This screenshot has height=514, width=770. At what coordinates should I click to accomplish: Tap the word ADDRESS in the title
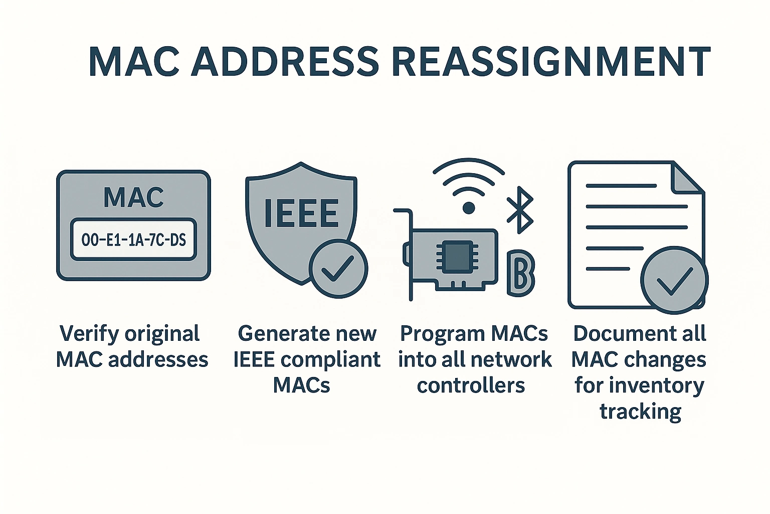click(x=284, y=62)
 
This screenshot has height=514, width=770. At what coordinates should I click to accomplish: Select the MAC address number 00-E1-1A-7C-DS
click(x=133, y=240)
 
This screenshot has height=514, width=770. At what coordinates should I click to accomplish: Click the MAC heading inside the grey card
click(x=133, y=197)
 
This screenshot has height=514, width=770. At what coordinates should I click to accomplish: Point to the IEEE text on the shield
click(x=301, y=213)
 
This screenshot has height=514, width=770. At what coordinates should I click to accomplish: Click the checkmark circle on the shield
click(x=338, y=269)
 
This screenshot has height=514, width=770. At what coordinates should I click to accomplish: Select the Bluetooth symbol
click(x=519, y=210)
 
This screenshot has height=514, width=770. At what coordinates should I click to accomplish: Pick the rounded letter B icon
click(x=521, y=273)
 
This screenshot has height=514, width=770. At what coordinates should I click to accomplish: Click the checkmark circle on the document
click(x=674, y=280)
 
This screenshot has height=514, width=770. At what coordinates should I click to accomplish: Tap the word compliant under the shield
click(x=330, y=360)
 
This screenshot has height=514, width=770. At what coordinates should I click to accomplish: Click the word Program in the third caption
click(x=441, y=334)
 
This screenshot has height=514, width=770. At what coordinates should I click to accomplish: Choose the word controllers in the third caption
click(x=471, y=385)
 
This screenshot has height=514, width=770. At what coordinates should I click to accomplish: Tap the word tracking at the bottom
click(x=640, y=412)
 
